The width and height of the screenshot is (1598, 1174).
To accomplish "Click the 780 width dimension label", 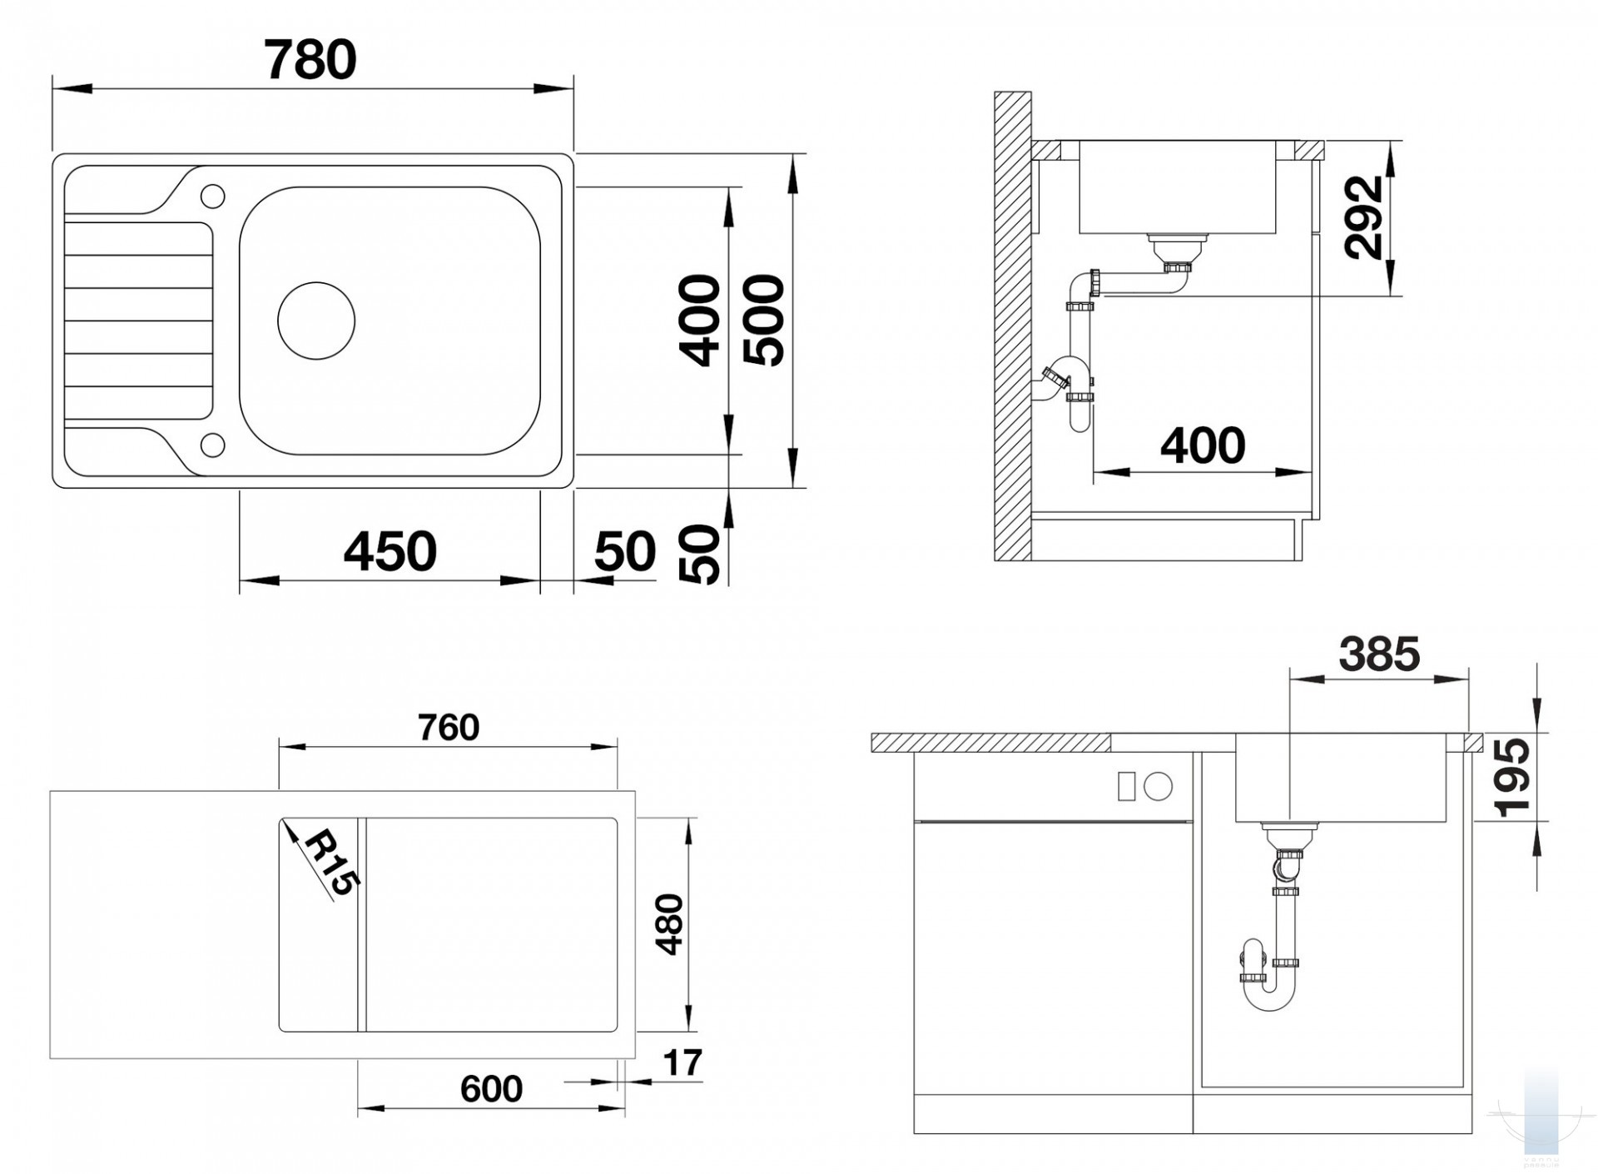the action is click(x=310, y=60).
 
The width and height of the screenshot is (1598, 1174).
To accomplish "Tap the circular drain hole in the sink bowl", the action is click(x=316, y=321).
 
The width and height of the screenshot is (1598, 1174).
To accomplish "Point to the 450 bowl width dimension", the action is click(x=390, y=551).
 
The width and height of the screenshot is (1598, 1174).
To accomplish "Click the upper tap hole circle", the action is click(x=213, y=196).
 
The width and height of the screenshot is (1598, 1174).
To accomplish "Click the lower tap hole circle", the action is click(x=213, y=445).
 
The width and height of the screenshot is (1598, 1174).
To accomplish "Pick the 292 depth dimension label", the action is click(x=1364, y=217).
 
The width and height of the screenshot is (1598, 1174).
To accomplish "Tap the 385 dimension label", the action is click(x=1379, y=654).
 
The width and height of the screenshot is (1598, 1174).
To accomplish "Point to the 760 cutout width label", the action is click(x=449, y=728).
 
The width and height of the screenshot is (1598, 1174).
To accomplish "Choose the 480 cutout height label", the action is click(x=669, y=924).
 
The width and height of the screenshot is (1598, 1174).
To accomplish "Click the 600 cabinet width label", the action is click(x=491, y=1089).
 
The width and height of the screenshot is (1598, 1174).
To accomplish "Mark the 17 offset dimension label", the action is click(x=682, y=1063).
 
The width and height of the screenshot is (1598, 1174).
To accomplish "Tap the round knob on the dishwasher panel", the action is click(x=1159, y=786).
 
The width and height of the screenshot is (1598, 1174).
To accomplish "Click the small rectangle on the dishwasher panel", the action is click(x=1126, y=786).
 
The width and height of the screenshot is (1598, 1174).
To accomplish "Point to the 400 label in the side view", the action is click(x=1203, y=445).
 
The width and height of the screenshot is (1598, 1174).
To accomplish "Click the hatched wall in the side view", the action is click(x=1013, y=326).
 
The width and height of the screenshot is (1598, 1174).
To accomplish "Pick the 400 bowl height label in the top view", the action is click(x=699, y=321).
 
